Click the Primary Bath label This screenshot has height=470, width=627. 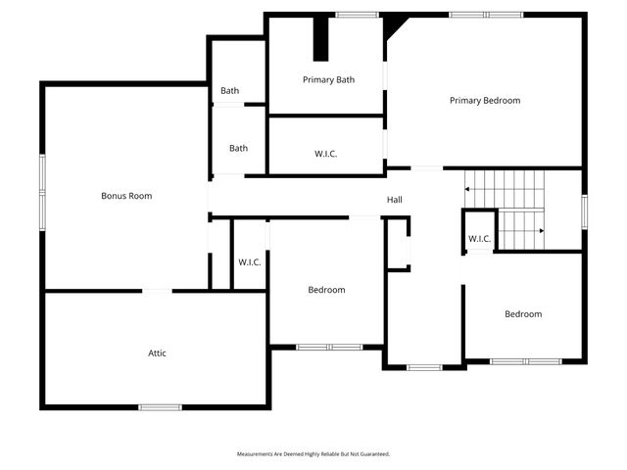(328, 80)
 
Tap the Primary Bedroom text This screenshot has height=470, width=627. (484, 101)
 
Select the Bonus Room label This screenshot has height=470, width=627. (126, 196)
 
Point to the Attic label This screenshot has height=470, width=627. (158, 352)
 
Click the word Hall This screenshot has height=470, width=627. (394, 200)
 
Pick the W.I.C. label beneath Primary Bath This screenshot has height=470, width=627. (326, 154)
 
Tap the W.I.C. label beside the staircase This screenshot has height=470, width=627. (479, 239)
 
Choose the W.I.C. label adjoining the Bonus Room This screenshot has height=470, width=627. (250, 261)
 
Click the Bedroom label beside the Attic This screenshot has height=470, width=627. (326, 290)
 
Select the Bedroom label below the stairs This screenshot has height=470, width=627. (523, 314)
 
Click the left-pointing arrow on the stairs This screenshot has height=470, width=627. (469, 187)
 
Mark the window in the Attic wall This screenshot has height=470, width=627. (160, 406)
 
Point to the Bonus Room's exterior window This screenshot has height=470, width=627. (42, 192)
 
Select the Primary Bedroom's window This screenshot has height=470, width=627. (486, 14)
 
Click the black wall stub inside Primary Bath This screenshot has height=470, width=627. (320, 39)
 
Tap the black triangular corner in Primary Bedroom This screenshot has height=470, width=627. (392, 23)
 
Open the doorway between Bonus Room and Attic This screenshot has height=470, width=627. (158, 290)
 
